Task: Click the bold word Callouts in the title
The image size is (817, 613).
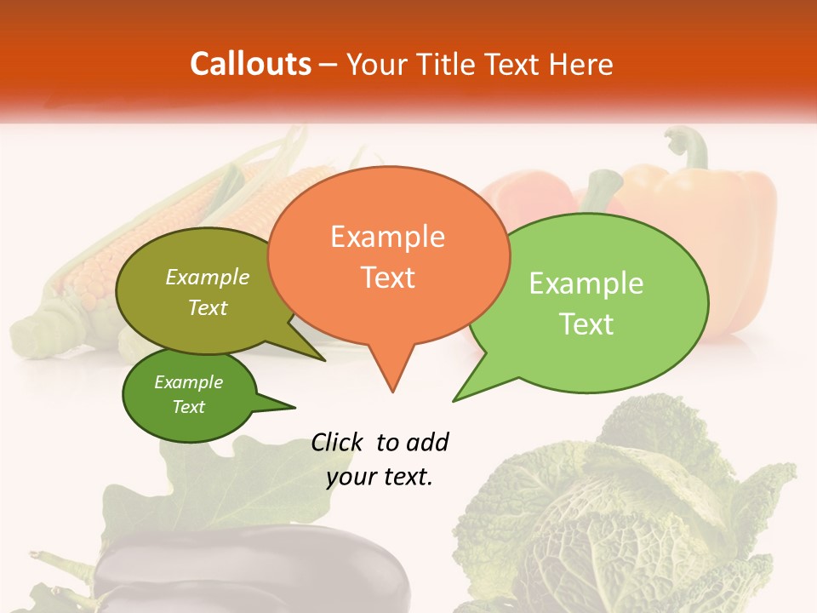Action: point(250,64)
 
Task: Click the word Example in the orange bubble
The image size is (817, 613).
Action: point(387,237)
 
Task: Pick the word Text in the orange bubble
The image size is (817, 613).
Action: point(387,278)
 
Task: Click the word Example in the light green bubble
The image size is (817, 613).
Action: point(586,284)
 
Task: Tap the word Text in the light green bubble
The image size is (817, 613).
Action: point(586,324)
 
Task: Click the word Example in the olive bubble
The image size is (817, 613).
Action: point(208,278)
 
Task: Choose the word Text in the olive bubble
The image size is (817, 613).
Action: point(208,307)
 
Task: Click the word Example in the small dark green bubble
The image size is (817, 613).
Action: point(189,382)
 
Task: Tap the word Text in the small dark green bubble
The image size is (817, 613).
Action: point(189,407)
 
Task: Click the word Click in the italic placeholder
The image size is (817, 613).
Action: point(338,442)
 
